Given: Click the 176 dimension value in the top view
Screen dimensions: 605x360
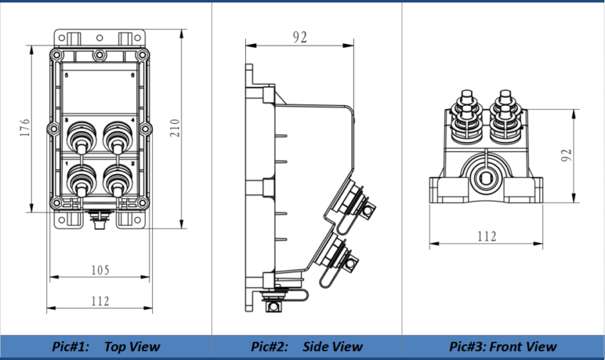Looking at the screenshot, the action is click(x=24, y=127).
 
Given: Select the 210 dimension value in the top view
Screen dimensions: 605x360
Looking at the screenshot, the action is click(x=175, y=128).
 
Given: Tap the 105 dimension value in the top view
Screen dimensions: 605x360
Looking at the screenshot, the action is click(x=101, y=270).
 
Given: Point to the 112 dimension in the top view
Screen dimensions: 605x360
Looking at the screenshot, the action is click(x=101, y=301).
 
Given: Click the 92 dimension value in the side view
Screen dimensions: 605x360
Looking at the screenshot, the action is click(x=299, y=37).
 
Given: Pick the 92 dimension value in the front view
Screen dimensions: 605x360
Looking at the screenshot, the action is click(x=566, y=155).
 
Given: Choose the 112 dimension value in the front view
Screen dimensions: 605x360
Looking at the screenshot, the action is click(x=487, y=236).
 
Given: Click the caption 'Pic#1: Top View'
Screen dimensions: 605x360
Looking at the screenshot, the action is click(x=106, y=346).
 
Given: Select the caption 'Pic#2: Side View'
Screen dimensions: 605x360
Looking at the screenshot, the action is click(x=307, y=346).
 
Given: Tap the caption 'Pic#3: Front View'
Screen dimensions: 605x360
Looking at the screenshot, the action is click(x=503, y=346).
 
